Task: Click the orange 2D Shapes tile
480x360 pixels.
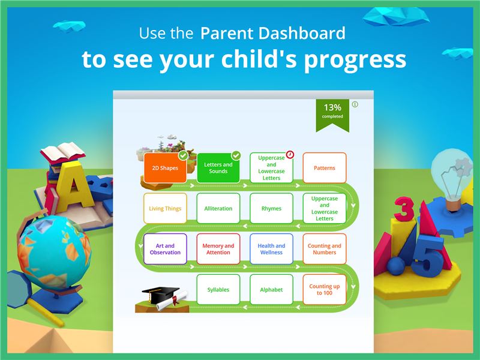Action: (165, 168)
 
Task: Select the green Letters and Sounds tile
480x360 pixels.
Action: (218, 168)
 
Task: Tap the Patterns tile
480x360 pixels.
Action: (325, 168)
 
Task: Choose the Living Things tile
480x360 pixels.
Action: (165, 208)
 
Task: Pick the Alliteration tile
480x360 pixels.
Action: (218, 208)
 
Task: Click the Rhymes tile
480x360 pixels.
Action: (271, 208)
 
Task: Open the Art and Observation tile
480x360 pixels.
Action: (165, 249)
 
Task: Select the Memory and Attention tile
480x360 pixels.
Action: (218, 249)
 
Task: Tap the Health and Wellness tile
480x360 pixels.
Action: (271, 249)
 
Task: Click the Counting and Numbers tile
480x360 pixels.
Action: (325, 249)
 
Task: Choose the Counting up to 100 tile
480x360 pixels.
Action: (325, 290)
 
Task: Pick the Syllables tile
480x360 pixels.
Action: (218, 290)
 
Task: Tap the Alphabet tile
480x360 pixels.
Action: (271, 290)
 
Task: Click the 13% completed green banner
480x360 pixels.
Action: (332, 113)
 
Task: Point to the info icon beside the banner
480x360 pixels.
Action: (355, 104)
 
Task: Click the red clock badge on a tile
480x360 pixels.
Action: (290, 155)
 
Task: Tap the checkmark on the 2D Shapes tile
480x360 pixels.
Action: (183, 155)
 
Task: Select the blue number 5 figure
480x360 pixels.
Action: (428, 256)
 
